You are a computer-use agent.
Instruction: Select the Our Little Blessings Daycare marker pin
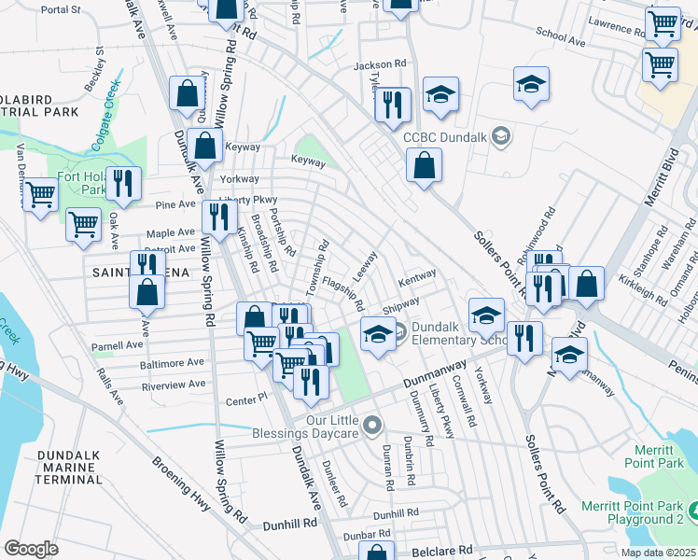tap(373, 427)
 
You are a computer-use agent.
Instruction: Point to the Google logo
tap(31, 549)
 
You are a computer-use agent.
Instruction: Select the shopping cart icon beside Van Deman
tap(39, 194)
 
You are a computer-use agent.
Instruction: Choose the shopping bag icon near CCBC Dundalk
tap(424, 165)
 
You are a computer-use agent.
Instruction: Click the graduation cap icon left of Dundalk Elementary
tap(377, 333)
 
